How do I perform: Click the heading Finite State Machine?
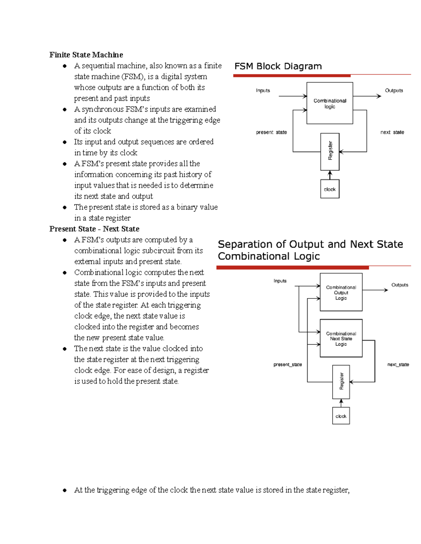[86, 55]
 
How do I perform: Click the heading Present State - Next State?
[94, 229]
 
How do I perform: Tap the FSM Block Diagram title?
[278, 66]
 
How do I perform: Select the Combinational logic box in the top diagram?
[329, 103]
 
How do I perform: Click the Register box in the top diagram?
[330, 151]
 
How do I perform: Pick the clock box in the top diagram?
[330, 189]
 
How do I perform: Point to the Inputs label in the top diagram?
[263, 90]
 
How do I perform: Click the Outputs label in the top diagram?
[394, 90]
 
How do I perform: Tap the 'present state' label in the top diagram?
[271, 132]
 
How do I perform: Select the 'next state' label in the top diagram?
[392, 132]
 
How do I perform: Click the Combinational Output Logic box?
[341, 292]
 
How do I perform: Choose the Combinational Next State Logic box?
[341, 338]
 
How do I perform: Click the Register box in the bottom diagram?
[341, 381]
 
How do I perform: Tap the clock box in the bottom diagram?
[341, 416]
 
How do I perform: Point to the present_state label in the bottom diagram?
[287, 365]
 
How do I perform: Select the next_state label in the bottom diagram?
[398, 365]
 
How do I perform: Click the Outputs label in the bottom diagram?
[400, 285]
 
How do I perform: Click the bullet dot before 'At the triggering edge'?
[65, 490]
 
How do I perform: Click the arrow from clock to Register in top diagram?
[330, 175]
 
